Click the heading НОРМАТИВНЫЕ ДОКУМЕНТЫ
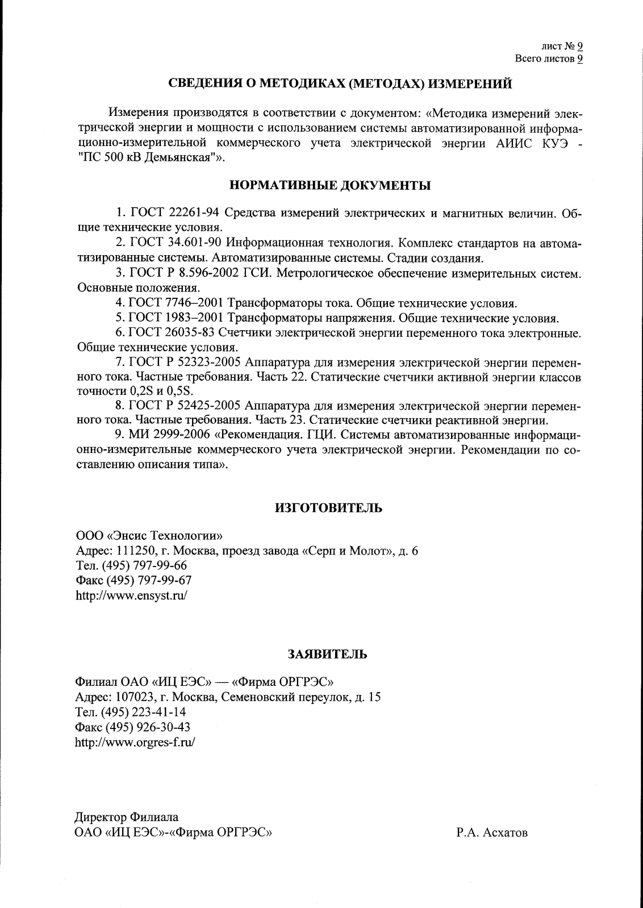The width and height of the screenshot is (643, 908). (329, 185)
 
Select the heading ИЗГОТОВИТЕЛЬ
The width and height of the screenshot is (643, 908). (328, 508)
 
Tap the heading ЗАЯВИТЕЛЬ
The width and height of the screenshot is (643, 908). (327, 654)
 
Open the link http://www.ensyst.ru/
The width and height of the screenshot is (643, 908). (131, 596)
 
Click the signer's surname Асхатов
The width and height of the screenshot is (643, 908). (505, 834)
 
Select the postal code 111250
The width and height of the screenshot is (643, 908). (134, 551)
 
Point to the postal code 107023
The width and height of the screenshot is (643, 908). (133, 697)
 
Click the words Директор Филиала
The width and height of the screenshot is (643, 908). (127, 818)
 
